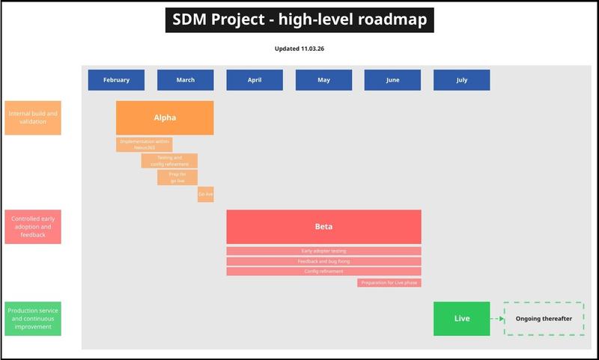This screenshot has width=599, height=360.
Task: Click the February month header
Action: point(116,80)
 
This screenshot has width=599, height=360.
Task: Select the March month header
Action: point(185,80)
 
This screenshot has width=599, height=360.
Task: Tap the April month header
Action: point(255,80)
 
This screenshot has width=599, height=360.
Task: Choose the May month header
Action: point(323,80)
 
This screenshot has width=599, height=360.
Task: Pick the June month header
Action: point(392,80)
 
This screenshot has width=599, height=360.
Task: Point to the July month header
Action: point(461,80)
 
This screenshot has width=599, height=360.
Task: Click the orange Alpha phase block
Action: point(165,118)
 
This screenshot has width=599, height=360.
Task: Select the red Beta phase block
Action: point(323,226)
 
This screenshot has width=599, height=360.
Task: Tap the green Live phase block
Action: point(461,318)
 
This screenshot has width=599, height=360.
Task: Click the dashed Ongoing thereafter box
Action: point(544,318)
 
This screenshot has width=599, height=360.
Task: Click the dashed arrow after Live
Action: point(497,318)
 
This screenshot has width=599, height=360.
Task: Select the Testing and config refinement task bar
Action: point(169,161)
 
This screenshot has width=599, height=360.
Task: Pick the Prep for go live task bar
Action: point(177,177)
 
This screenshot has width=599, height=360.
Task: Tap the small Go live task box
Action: point(205,195)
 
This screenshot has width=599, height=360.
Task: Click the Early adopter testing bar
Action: point(323,251)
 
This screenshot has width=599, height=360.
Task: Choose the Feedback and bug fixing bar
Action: point(323,261)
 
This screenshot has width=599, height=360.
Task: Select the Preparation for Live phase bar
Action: point(389,282)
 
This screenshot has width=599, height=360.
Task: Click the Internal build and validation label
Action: point(33,118)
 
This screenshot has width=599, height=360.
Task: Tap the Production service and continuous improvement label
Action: point(33,318)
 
